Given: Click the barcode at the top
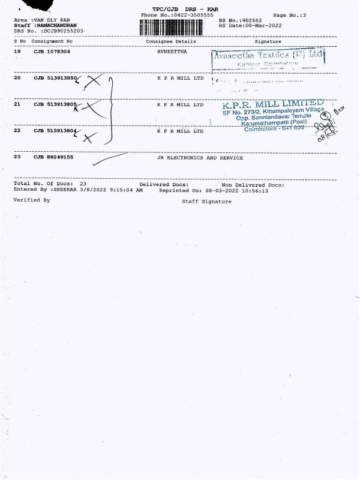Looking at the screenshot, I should pyautogui.click(x=176, y=28).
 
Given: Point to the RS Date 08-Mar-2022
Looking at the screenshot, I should pyautogui.click(x=263, y=26).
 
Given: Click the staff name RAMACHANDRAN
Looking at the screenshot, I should pyautogui.click(x=56, y=25).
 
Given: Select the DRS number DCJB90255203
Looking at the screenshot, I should pyautogui.click(x=62, y=31).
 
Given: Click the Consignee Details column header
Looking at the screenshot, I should pyautogui.click(x=171, y=41).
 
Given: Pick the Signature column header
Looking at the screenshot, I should pyautogui.click(x=268, y=41).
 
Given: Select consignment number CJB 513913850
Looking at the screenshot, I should pyautogui.click(x=55, y=78).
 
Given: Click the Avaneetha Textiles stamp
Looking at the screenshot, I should pyautogui.click(x=268, y=55).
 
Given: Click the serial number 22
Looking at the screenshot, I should pyautogui.click(x=17, y=130).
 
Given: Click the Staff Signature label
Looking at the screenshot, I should pyautogui.click(x=206, y=202).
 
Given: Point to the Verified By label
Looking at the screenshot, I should pyautogui.click(x=32, y=200).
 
